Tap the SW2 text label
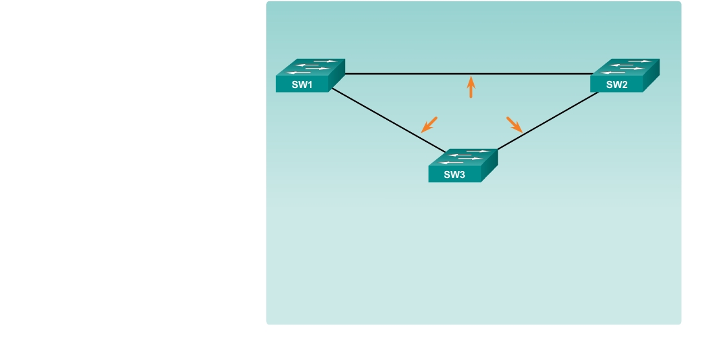pos(617,85)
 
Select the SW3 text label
pos(455,175)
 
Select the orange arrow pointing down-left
pos(429,124)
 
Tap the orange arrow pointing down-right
pos(515,124)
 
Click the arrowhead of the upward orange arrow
pos(471,80)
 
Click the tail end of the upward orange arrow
pos(471,96)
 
